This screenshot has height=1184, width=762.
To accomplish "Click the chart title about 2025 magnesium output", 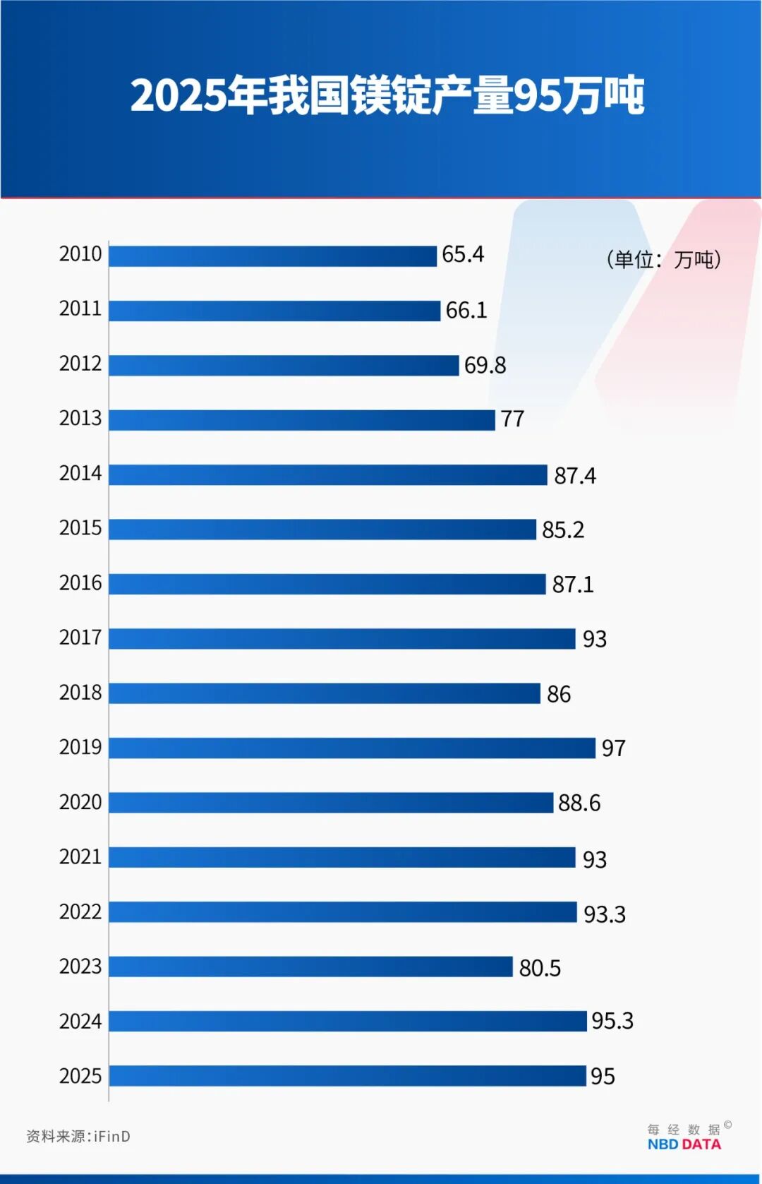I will (387, 95).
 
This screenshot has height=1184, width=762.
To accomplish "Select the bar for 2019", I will (351, 748).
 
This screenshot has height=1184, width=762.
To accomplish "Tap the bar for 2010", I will (272, 256).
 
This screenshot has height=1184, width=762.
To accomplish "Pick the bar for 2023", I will (310, 967).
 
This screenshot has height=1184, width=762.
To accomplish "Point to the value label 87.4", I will (574, 476).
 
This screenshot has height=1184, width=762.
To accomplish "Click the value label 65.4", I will (463, 254).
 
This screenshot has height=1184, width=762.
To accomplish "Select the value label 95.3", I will (612, 1021).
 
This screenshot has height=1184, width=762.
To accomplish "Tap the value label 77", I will (512, 419).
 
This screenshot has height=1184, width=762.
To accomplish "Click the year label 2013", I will (80, 418).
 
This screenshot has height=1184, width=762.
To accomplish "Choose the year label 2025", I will (80, 1076).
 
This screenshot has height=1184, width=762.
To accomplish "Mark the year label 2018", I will (80, 693).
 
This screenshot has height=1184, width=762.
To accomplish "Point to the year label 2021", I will (80, 857).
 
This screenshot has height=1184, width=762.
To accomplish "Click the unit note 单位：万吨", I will (663, 260).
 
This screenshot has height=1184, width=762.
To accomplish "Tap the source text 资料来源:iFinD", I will (78, 1136).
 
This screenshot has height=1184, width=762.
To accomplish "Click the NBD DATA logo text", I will (684, 1144).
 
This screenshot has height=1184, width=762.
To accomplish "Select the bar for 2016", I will (327, 584).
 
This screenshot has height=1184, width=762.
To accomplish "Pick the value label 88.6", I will (579, 803).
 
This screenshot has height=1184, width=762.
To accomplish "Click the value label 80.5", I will (540, 968).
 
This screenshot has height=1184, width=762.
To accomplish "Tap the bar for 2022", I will (342, 912).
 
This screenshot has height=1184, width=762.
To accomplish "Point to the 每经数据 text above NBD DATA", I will (684, 1129).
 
